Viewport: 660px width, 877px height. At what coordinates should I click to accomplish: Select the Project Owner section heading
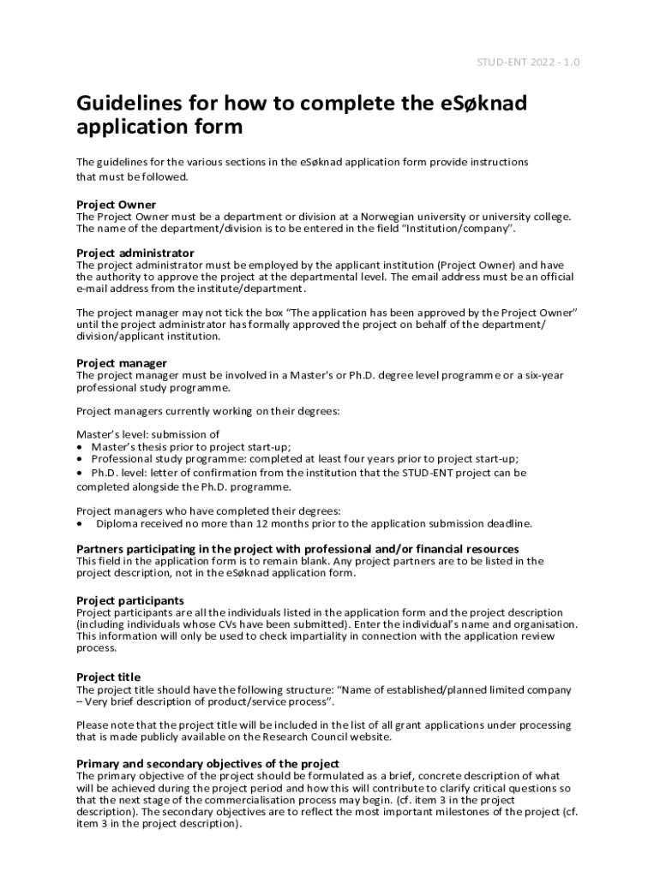coord(117,205)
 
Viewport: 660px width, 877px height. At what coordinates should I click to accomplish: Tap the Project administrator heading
coord(135,254)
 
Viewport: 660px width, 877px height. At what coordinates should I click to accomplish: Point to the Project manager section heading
coord(122,363)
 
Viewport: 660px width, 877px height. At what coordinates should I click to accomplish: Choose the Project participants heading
coord(130,600)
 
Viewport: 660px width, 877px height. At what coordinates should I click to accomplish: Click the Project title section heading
coord(109,677)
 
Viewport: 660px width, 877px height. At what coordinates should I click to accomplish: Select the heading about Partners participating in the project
coord(297,549)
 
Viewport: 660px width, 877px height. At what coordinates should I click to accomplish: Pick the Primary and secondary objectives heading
coord(208,764)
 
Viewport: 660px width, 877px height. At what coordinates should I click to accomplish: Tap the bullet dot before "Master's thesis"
coord(81,447)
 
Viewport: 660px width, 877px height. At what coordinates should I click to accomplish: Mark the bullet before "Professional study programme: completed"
coord(81,459)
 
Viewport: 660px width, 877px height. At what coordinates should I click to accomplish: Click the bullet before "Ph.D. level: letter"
coord(81,473)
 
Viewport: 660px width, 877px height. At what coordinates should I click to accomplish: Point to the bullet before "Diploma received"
coord(81,523)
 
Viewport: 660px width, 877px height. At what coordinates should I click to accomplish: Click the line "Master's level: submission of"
coord(147,434)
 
